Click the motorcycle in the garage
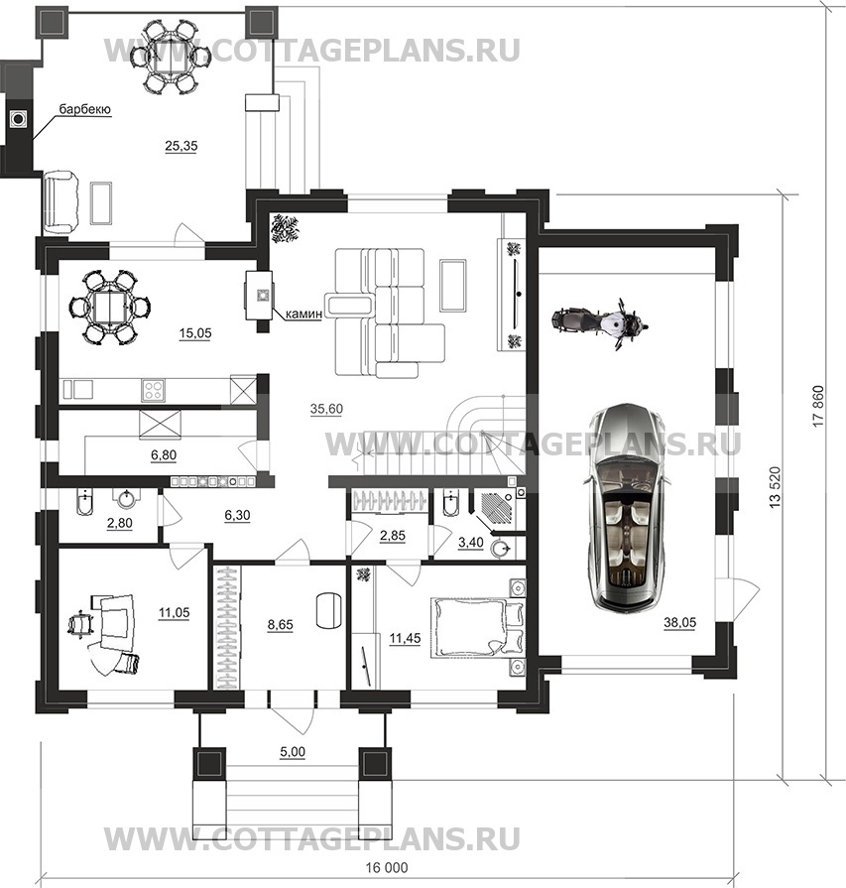600,323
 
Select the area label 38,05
679,623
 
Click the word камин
303,314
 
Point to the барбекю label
85,109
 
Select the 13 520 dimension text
776,487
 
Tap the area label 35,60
326,409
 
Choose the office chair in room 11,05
79,624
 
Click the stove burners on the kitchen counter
153,390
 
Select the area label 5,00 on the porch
293,752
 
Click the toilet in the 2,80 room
82,501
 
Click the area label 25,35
181,146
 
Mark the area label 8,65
280,625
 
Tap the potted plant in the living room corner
282,229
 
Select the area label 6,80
163,454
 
